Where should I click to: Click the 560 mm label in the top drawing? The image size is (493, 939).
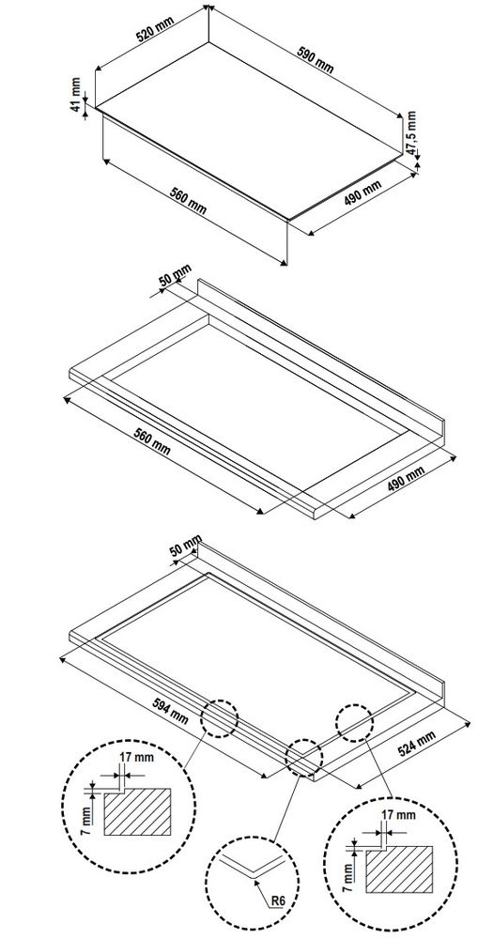[x=192, y=200]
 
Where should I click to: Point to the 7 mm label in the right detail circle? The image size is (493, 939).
[x=348, y=874]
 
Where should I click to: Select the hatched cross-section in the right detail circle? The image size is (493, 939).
[x=401, y=874]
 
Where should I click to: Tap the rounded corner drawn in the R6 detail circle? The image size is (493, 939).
[x=252, y=870]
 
